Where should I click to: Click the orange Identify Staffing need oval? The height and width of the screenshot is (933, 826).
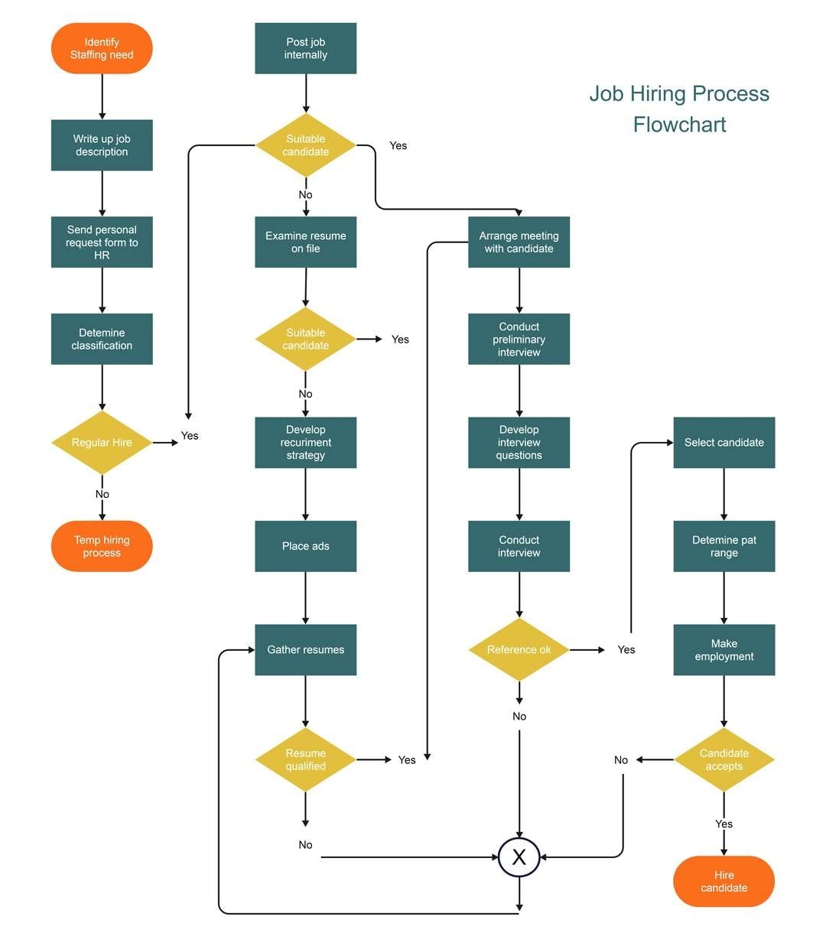(x=102, y=48)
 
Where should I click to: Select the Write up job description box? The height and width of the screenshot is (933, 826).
(x=102, y=145)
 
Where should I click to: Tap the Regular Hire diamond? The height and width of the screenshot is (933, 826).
(x=102, y=443)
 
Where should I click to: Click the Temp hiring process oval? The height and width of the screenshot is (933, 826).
(x=102, y=546)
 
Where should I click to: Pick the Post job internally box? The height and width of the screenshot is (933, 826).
(x=305, y=48)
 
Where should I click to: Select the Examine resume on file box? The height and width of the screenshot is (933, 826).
(x=305, y=242)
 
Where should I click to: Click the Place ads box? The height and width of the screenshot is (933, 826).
(x=305, y=546)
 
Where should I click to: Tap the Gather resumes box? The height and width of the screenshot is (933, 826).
(x=305, y=650)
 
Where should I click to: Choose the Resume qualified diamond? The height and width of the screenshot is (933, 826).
(x=305, y=759)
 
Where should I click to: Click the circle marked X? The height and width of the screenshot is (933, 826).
(x=519, y=857)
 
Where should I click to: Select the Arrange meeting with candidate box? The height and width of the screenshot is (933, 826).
(x=519, y=242)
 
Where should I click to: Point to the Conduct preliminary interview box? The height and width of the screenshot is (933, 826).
(x=519, y=339)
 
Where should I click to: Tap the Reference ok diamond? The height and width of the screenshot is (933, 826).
(x=519, y=650)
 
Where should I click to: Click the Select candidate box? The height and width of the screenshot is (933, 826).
(x=724, y=443)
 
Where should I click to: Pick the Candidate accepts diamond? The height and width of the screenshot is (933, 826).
(x=724, y=759)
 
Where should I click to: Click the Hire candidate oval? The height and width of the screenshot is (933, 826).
(x=724, y=881)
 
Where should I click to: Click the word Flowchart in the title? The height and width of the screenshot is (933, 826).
(x=679, y=124)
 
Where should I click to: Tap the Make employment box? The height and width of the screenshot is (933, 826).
(x=724, y=650)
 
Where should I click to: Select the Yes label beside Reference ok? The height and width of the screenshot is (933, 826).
(x=626, y=649)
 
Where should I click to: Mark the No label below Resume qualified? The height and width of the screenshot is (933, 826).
(x=305, y=845)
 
